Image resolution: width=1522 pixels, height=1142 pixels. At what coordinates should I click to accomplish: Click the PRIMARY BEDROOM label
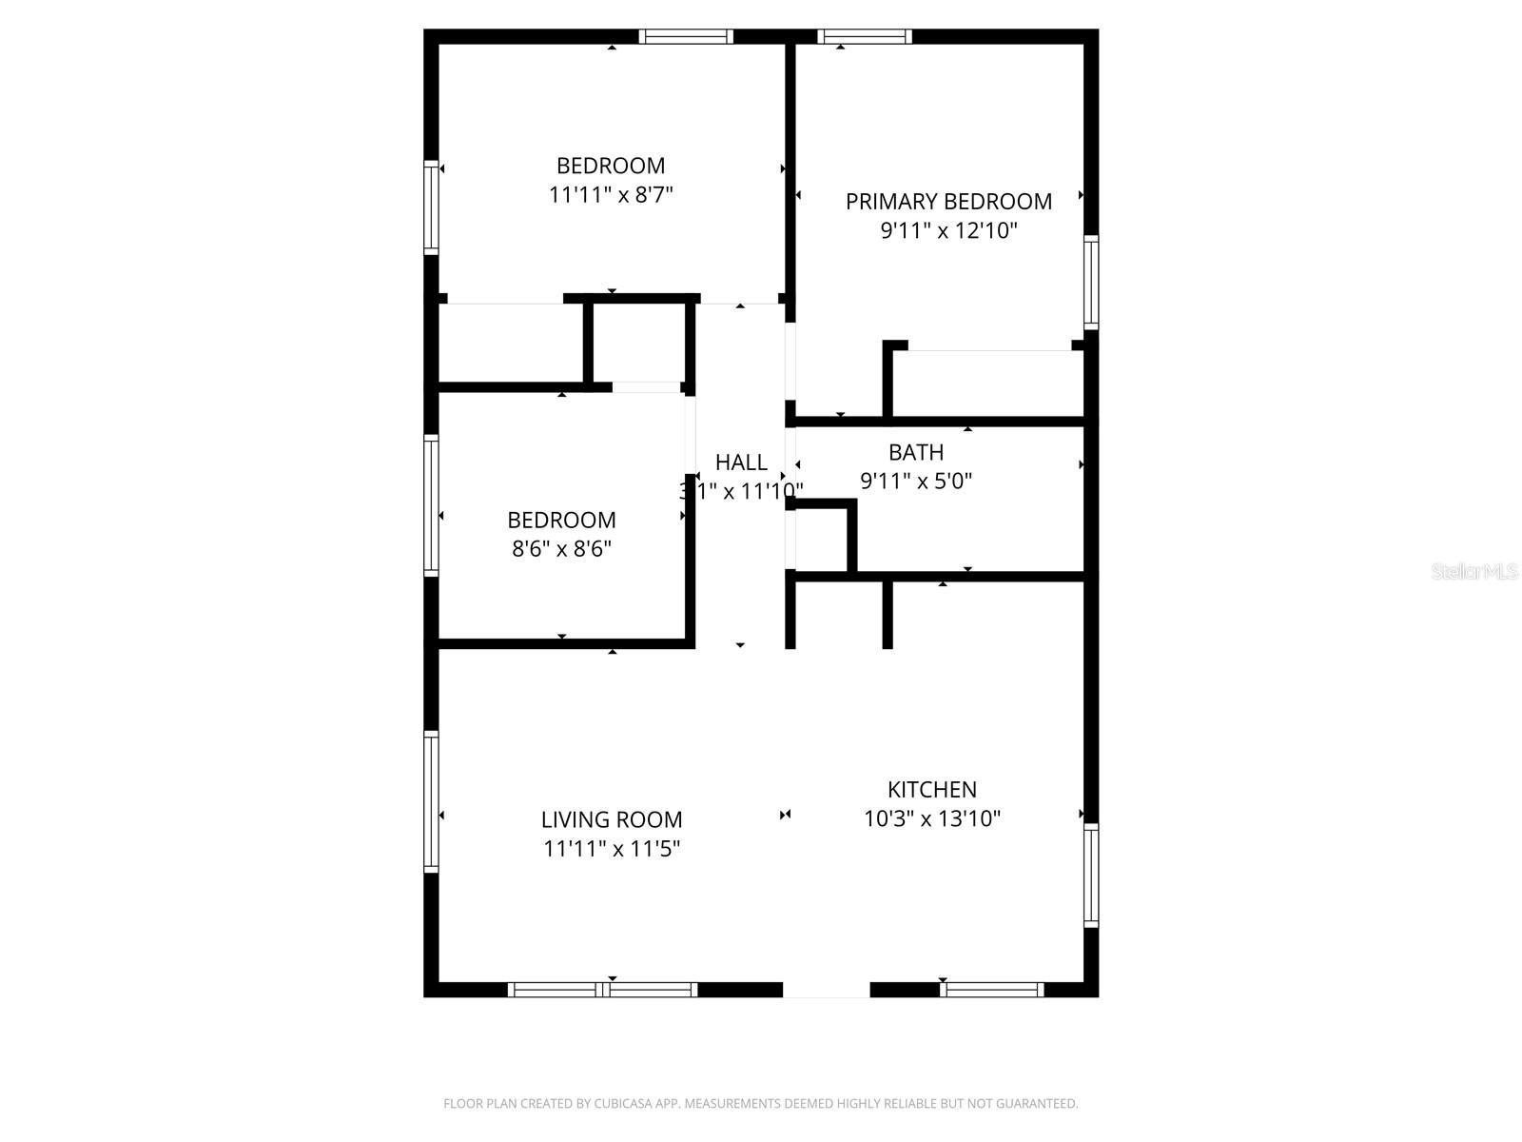(x=948, y=202)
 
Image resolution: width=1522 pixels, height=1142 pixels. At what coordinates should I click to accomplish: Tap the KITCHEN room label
(x=931, y=789)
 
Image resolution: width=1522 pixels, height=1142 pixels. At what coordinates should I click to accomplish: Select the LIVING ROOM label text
(x=612, y=819)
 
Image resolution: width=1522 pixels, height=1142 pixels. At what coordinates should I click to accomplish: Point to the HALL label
(x=741, y=463)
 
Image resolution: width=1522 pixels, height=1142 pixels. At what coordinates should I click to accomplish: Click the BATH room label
(x=916, y=452)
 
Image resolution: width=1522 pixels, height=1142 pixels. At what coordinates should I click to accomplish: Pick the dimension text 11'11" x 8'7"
(x=611, y=195)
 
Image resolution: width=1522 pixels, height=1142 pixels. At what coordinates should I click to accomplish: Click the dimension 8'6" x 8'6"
(x=561, y=549)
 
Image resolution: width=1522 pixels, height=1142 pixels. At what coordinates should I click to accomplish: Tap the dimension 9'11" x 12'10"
(x=948, y=230)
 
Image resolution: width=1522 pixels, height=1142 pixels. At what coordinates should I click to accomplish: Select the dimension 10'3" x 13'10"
(x=931, y=818)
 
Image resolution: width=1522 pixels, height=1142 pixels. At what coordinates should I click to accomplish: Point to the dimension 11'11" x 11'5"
(x=612, y=848)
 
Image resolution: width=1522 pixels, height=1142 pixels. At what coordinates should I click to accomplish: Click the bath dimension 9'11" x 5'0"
(x=916, y=481)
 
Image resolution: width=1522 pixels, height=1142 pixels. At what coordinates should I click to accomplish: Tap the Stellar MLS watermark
(x=1473, y=571)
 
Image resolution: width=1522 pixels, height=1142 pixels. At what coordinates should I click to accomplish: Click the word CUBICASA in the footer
(x=623, y=1104)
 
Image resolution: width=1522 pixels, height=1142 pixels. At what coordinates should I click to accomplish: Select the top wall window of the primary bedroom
(x=865, y=37)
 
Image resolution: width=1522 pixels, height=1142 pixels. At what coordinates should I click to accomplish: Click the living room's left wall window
(x=431, y=800)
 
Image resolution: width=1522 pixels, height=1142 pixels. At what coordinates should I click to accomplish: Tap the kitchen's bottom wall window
(x=991, y=990)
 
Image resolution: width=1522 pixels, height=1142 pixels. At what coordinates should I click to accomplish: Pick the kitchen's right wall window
(x=1091, y=875)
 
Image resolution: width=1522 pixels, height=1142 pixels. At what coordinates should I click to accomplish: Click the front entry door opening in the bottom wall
(x=826, y=990)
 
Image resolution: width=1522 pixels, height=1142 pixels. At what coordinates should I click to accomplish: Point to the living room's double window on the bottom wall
(x=603, y=990)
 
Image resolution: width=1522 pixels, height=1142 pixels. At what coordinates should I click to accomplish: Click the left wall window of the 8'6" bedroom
(x=431, y=504)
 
